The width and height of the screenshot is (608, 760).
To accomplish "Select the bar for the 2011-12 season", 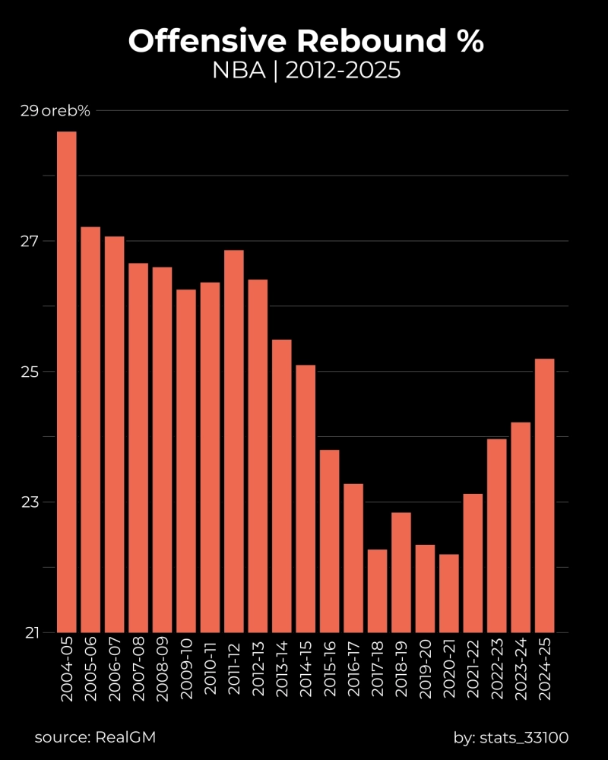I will tap(234, 441).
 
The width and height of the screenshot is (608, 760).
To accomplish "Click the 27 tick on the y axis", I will tap(29, 242).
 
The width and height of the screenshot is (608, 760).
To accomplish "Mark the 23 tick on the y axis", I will tap(29, 502).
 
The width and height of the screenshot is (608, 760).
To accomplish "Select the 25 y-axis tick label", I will tap(29, 372).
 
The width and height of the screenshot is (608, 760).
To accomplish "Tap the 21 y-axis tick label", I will tap(29, 633).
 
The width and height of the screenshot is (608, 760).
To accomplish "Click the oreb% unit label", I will tap(66, 111).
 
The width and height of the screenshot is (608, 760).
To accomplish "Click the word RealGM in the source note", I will tap(126, 736).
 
